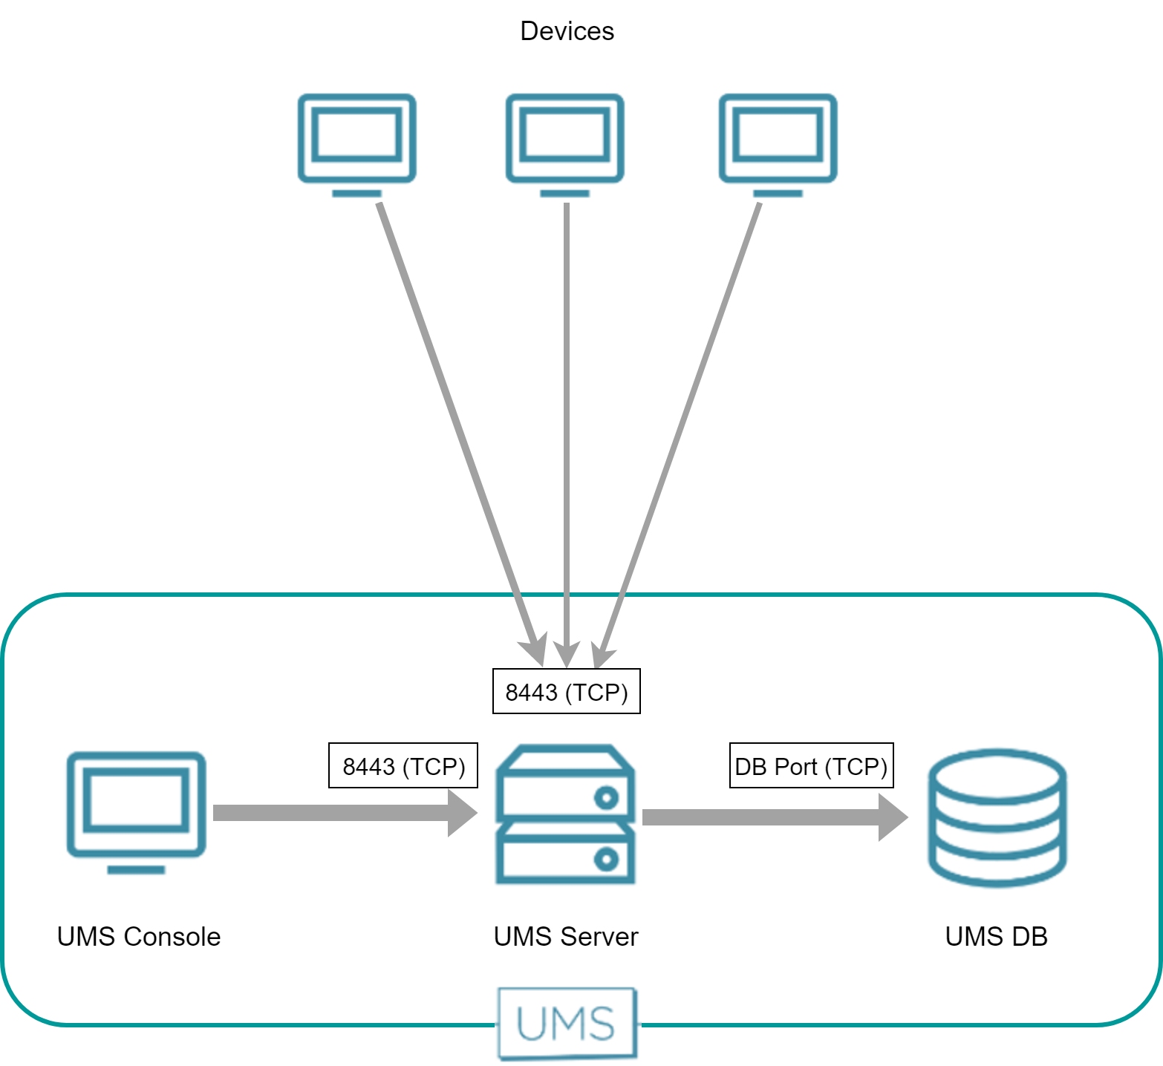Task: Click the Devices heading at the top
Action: pos(567,31)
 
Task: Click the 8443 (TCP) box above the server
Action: pos(566,692)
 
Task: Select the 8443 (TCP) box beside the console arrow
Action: pos(403,765)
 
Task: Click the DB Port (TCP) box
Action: pos(811,765)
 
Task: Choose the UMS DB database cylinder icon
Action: pos(997,817)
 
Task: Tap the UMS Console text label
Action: pos(139,937)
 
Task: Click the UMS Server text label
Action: pos(566,937)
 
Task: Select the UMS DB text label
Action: pos(996,937)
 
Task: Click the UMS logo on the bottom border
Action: pos(567,1024)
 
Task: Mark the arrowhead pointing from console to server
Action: pos(462,813)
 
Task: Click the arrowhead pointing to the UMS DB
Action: pos(893,817)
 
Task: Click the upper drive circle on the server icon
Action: pos(606,798)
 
